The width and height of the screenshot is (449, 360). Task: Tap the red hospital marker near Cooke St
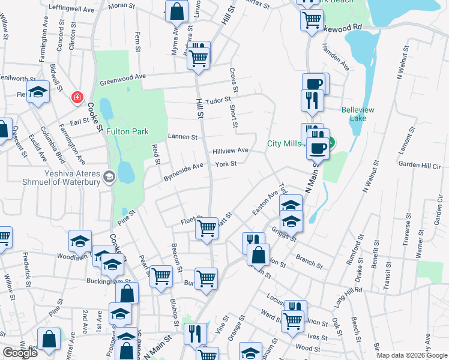pos(77,97)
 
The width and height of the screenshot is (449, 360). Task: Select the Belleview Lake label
pos(358,114)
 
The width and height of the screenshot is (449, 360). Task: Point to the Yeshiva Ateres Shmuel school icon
pos(109,176)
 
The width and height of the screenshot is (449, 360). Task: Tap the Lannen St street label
pos(182,137)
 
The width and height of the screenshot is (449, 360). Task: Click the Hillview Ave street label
pos(230,151)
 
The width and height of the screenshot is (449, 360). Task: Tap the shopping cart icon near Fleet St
pos(207,227)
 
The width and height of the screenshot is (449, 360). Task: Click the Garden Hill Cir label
pos(420,163)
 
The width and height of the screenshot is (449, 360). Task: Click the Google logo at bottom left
pos(20,353)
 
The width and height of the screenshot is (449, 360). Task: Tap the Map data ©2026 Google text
pos(411,355)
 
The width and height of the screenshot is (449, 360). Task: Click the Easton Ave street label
pos(265,203)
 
